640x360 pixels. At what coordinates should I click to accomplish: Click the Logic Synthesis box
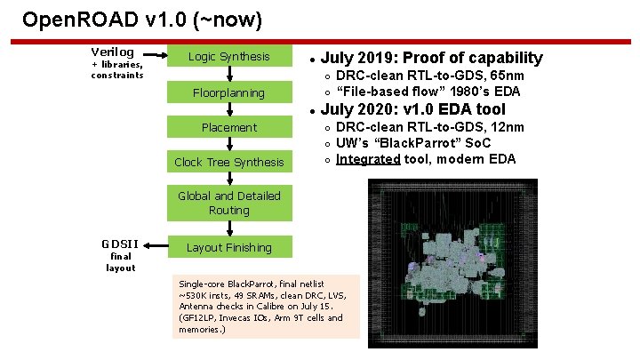click(x=228, y=57)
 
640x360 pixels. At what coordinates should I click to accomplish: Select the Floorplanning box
click(x=228, y=92)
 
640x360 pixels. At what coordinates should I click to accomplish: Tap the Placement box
click(x=228, y=127)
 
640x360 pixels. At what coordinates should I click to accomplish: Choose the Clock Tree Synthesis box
click(x=228, y=162)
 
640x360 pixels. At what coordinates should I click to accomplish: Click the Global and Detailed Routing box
click(x=228, y=203)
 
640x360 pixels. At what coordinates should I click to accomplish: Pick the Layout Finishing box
click(x=228, y=247)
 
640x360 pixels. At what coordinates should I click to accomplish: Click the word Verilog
click(x=113, y=52)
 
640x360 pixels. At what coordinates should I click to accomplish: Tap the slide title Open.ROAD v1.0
click(x=142, y=19)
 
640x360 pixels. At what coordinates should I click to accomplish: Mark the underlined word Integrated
click(x=368, y=158)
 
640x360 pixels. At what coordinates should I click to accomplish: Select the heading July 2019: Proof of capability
click(x=431, y=58)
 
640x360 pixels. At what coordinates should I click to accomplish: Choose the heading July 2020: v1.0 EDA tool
click(x=412, y=110)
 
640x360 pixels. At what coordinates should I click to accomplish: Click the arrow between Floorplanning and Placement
click(x=229, y=109)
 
